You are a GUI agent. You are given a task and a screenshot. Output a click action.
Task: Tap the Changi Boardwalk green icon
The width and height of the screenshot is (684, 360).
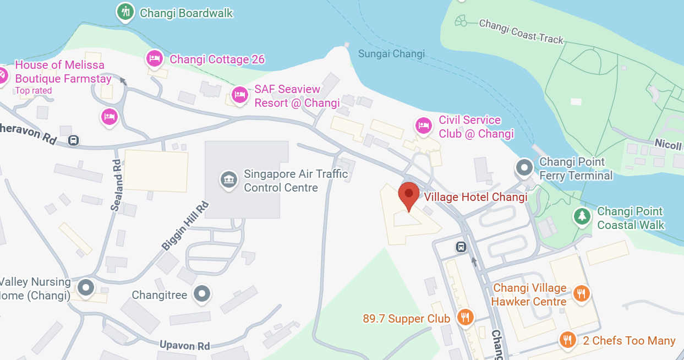[126, 12]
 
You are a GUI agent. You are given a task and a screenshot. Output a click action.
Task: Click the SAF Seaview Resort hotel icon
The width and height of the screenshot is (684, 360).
[239, 95]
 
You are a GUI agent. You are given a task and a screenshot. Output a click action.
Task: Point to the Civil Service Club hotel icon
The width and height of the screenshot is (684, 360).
[423, 126]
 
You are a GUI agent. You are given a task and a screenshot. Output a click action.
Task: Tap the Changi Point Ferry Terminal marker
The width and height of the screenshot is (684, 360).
[524, 167]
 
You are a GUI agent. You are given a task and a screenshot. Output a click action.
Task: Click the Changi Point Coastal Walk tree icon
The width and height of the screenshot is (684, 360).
[582, 216]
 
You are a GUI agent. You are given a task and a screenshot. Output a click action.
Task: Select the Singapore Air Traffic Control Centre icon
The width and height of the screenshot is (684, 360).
[228, 179]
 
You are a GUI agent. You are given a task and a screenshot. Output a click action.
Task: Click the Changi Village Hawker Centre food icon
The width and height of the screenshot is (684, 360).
[581, 293]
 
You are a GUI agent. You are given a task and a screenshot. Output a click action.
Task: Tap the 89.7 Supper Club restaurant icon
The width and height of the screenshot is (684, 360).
[466, 317]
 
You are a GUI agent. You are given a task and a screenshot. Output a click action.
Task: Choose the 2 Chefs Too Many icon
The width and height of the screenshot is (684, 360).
[568, 340]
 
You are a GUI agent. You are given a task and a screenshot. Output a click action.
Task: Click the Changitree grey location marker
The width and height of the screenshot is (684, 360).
[203, 294]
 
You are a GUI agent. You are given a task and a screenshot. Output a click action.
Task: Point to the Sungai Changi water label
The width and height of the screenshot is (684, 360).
[391, 53]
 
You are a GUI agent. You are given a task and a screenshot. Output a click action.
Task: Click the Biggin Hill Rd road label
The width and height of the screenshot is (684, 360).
[186, 227]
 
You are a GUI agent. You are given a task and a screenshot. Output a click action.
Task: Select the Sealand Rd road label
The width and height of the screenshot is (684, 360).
[116, 186]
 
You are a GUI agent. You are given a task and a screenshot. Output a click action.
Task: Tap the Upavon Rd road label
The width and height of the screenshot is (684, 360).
[185, 346]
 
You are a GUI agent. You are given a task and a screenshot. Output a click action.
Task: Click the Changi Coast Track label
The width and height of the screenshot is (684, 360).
[521, 31]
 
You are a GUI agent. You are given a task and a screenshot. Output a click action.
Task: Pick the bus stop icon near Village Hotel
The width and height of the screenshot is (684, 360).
[461, 247]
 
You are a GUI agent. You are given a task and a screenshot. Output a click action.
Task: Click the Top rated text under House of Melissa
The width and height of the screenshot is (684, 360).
[34, 91]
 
